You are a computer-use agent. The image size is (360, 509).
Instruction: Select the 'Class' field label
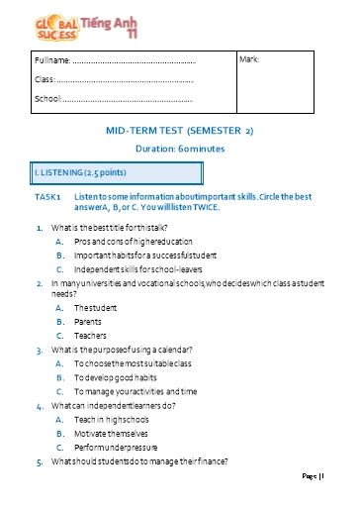coord(45,79)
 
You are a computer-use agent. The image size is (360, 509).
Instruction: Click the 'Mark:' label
coord(249,60)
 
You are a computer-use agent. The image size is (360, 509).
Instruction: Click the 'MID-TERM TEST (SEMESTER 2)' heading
coord(179,131)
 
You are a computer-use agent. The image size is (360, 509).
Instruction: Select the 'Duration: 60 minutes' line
coord(180,148)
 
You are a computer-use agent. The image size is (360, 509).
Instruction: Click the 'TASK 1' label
coord(47,197)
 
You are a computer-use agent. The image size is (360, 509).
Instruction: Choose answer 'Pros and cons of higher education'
coord(130,241)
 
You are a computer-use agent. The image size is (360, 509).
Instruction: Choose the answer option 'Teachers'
coord(92,336)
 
